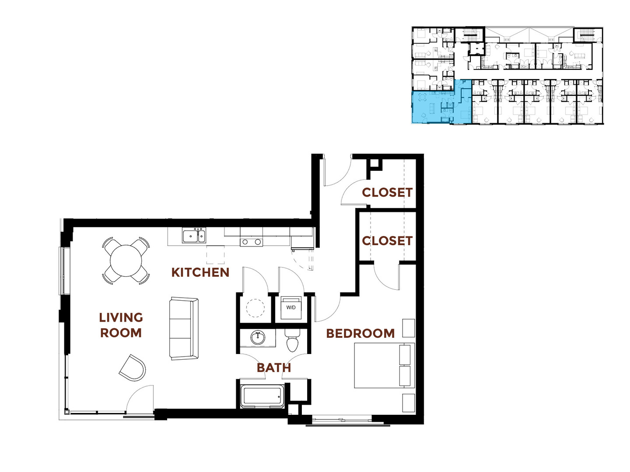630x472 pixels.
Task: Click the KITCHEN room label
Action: tap(200, 272)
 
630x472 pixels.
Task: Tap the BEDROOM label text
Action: tap(360, 333)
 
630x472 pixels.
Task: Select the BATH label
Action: tap(273, 368)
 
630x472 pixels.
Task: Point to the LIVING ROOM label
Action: tap(121, 325)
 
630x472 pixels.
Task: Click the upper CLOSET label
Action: tap(387, 193)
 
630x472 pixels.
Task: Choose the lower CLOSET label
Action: tap(387, 241)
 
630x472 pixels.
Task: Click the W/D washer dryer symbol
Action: tap(291, 308)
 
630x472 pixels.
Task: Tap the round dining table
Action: tap(126, 260)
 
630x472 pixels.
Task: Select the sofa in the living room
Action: tap(184, 328)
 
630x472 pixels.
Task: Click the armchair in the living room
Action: tap(133, 368)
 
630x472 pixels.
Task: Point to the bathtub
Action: tap(262, 397)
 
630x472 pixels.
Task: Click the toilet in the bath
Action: tap(293, 340)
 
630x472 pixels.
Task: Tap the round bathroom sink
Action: tap(258, 338)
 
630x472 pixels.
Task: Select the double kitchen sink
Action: tap(194, 236)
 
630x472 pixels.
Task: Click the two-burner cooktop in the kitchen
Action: tap(252, 242)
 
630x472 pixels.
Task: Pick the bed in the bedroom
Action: tap(385, 365)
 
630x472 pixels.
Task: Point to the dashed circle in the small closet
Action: tap(255, 308)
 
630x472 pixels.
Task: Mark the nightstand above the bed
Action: tap(409, 328)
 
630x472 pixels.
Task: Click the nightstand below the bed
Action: tap(409, 403)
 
